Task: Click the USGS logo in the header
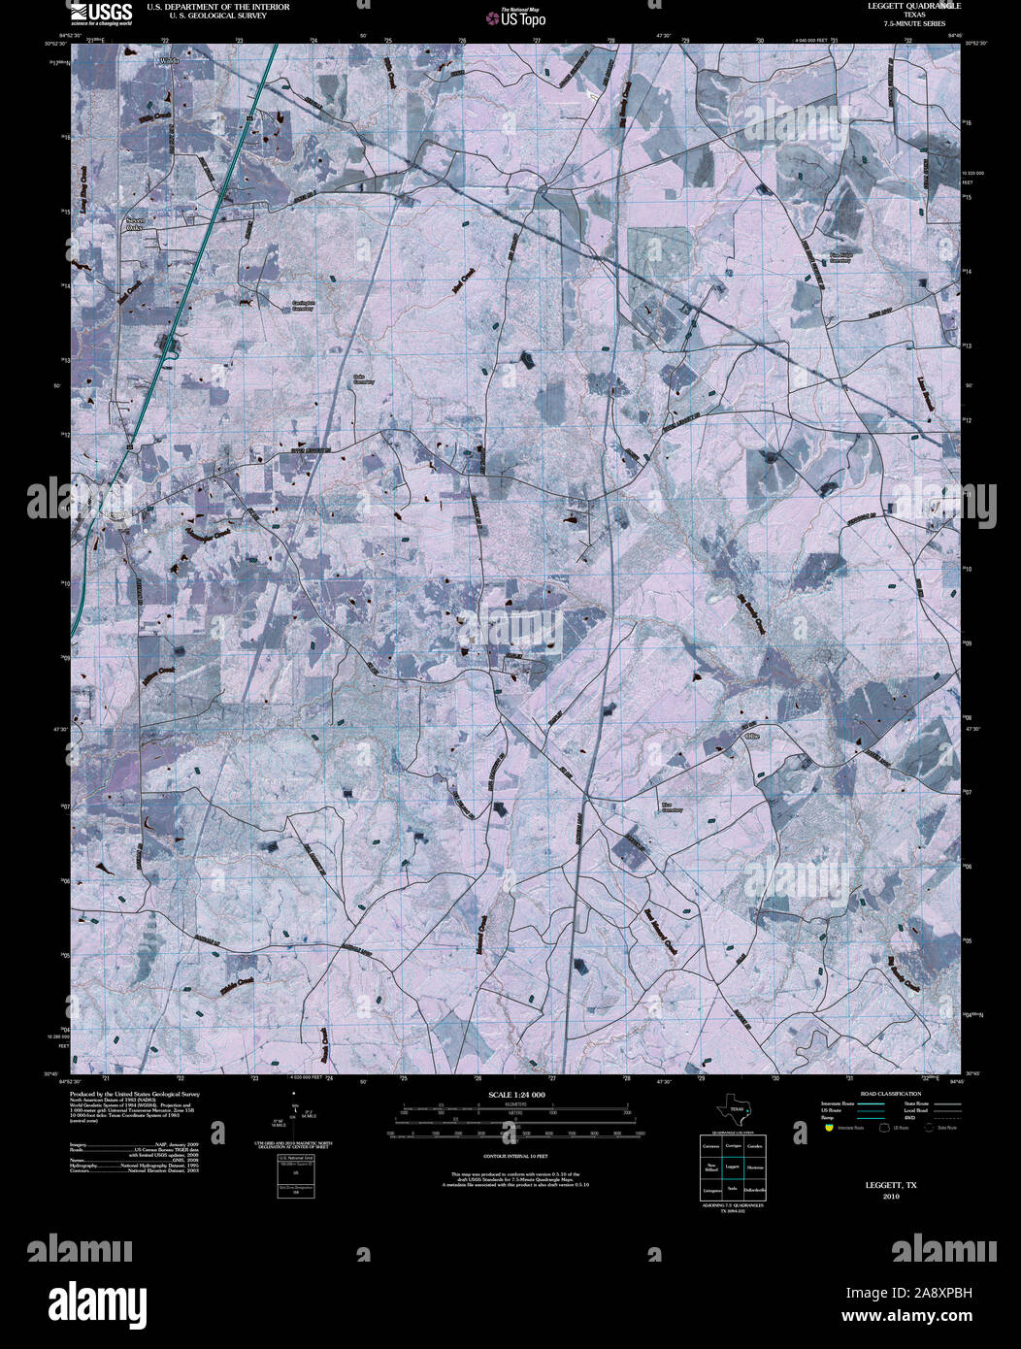click(x=100, y=13)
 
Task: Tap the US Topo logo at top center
click(x=522, y=17)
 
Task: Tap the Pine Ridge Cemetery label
click(x=840, y=257)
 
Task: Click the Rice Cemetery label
click(x=672, y=806)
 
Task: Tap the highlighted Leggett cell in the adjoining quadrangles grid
click(x=733, y=1164)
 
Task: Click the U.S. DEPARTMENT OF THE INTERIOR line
click(x=217, y=7)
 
